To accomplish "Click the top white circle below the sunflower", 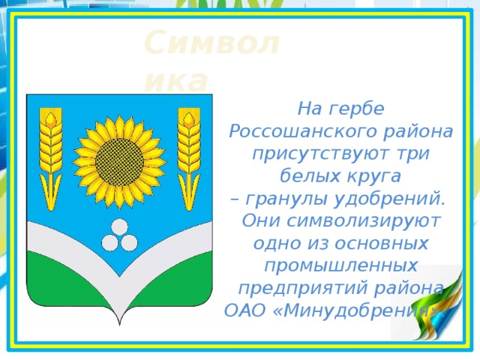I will pos(119,226).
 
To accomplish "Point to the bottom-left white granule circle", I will pos(110,241).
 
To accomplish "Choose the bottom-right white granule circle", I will pos(129,241).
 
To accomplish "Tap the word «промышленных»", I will pos(341,266).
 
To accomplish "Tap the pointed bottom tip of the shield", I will pos(119,323).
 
